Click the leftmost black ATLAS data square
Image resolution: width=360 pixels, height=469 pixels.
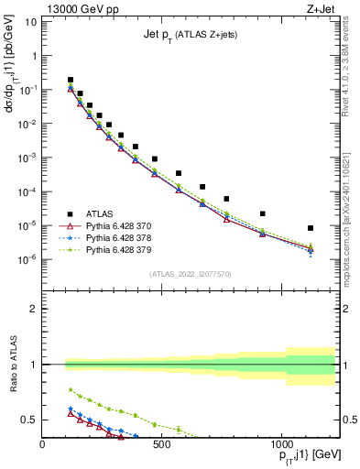click(71, 80)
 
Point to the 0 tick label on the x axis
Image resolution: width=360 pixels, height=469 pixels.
click(43, 444)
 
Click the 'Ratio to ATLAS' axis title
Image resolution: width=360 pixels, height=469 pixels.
click(12, 365)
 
